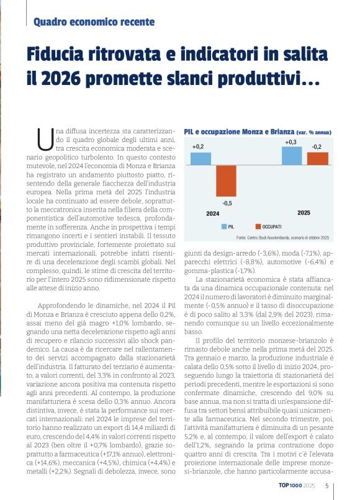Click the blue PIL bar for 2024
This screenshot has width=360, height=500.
point(200,159)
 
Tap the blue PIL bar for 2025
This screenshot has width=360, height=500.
point(291,156)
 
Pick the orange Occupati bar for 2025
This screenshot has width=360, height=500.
point(317,159)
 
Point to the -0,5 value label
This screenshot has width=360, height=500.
point(227,203)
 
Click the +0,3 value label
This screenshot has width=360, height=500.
point(290,142)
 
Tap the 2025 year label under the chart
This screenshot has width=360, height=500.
point(304,213)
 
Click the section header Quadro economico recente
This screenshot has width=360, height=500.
point(94,22)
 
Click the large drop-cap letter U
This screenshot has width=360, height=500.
point(45,139)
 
